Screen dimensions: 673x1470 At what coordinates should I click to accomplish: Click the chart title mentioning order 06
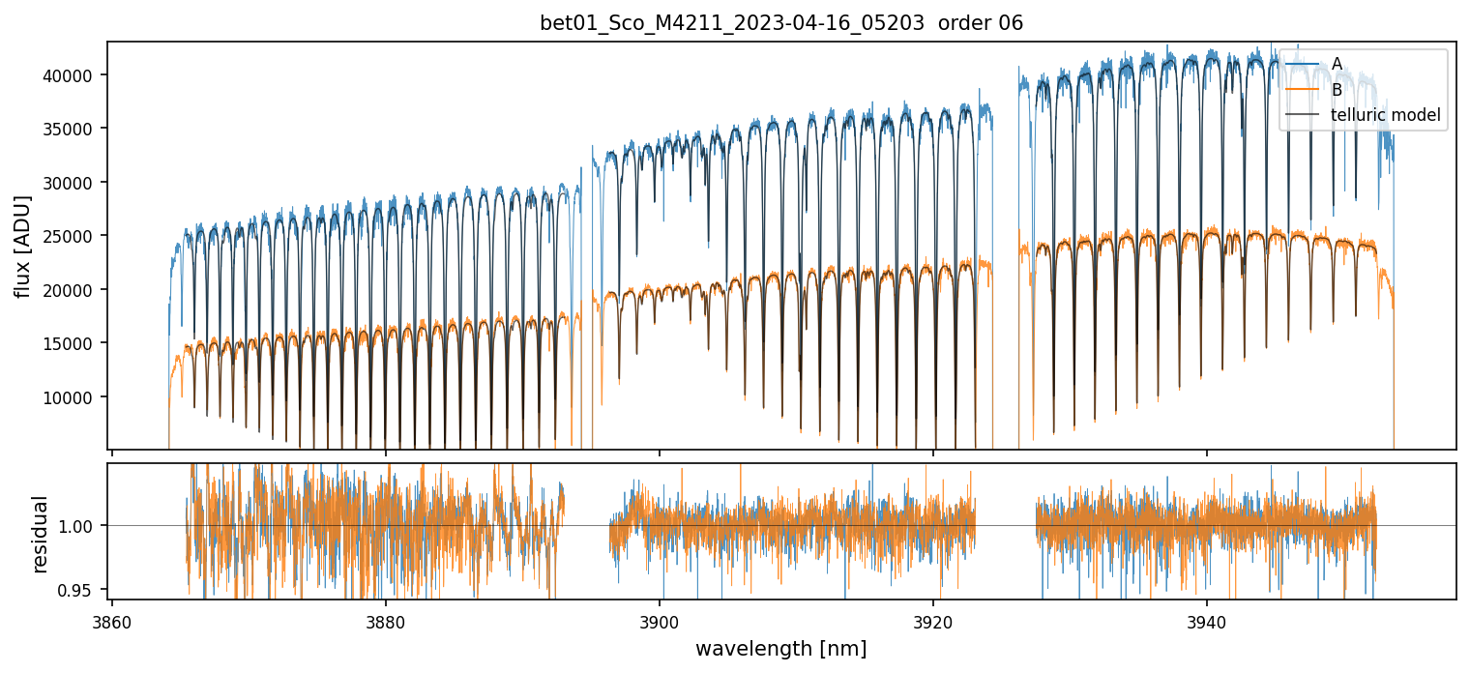[x=781, y=24]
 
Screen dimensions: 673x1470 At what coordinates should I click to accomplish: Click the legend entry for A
[x=1337, y=64]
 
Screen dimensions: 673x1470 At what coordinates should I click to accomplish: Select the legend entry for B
[x=1337, y=90]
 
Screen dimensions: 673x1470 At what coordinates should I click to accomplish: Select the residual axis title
[x=40, y=533]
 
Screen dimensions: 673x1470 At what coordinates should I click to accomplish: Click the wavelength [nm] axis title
[x=781, y=649]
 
